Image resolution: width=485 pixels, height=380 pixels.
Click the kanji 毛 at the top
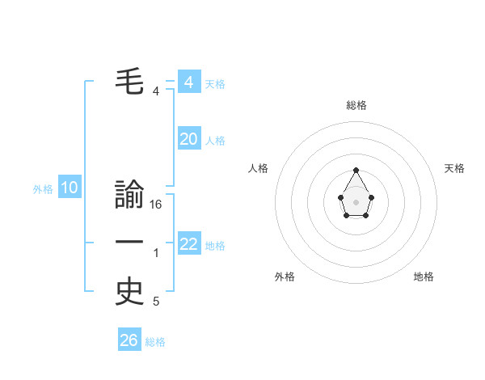click(x=130, y=81)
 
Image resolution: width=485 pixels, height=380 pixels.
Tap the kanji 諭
click(x=130, y=196)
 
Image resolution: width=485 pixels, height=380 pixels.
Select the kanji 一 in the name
click(x=130, y=243)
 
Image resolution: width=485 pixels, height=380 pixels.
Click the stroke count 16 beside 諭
click(x=156, y=205)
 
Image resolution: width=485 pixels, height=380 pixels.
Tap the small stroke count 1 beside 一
click(x=156, y=253)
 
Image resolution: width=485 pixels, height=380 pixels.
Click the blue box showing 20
click(x=189, y=139)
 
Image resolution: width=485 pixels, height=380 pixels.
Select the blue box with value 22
click(x=189, y=244)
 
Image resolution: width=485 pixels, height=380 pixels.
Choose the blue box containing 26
click(x=129, y=340)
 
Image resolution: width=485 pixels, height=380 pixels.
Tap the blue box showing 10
click(x=70, y=188)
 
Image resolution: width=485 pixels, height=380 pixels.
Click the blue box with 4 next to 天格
click(x=189, y=82)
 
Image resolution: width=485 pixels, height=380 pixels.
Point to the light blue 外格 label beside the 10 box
click(x=43, y=189)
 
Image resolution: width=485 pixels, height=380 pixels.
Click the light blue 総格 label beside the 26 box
click(x=155, y=342)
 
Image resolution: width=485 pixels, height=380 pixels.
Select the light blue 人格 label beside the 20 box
click(x=215, y=141)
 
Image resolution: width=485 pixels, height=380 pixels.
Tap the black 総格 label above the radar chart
click(x=356, y=105)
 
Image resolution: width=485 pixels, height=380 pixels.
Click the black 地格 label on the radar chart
click(x=424, y=277)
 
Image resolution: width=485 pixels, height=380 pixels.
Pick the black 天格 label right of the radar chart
click(x=454, y=168)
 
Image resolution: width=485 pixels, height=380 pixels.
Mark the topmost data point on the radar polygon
click(x=356, y=170)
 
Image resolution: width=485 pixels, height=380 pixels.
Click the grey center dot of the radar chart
click(x=356, y=201)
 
